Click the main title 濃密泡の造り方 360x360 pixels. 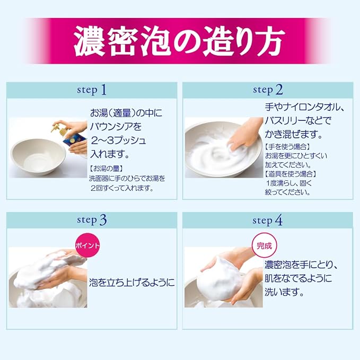click(180, 41)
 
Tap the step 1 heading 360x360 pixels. click(92, 90)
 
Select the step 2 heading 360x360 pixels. click(268, 90)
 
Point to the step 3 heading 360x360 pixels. click(92, 220)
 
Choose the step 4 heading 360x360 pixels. click(268, 220)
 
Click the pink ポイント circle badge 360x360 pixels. click(87, 245)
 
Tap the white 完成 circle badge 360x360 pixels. click(264, 245)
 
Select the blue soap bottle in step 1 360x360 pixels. click(73, 141)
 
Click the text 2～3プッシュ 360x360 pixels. click(118, 141)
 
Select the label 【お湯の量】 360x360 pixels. click(106, 169)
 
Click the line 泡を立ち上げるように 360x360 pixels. click(132, 283)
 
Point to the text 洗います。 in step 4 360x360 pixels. click(285, 292)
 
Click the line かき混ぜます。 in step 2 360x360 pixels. click(294, 134)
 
